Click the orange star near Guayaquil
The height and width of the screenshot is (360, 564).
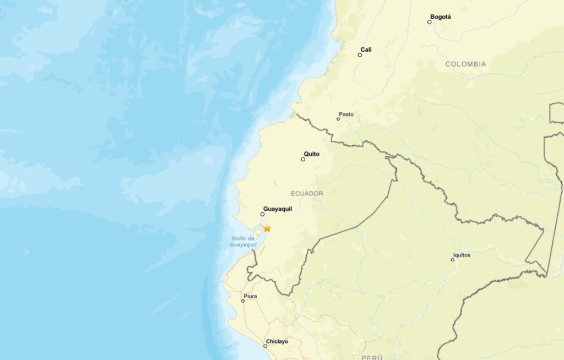point(267,228)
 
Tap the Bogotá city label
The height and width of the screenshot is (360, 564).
point(441,17)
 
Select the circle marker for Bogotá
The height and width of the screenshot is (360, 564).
point(430,22)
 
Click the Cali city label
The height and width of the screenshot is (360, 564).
point(366,50)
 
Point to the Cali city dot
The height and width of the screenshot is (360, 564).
point(360,55)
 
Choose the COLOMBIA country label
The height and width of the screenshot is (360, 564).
point(465,64)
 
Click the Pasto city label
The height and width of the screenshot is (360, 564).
point(346,114)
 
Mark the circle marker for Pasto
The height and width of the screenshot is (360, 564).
point(338,119)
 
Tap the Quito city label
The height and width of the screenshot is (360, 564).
point(312,154)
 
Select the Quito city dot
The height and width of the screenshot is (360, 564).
point(303,159)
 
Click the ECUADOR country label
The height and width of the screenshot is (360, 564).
point(307,194)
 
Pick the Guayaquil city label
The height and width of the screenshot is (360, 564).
point(278,209)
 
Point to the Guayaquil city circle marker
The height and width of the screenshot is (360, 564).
point(262,214)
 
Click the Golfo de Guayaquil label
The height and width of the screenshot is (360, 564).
point(243,241)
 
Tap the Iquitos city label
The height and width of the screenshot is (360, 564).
point(462,255)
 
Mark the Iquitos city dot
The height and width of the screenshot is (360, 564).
point(453,260)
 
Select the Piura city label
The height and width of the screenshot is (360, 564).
point(250,296)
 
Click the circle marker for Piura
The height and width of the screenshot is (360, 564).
point(243,301)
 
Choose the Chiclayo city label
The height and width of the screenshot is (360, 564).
point(277,341)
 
